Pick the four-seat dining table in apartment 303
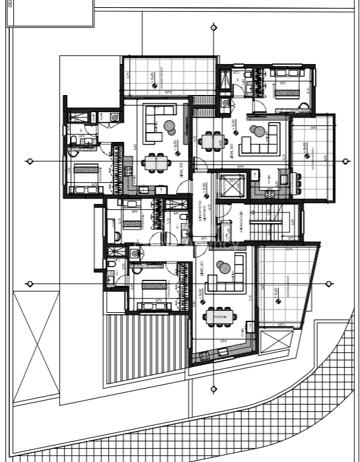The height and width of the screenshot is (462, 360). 212,140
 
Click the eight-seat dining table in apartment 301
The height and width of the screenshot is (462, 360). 220,317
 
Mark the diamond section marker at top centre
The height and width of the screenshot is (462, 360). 213,27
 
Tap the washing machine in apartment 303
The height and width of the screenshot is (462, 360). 226,103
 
